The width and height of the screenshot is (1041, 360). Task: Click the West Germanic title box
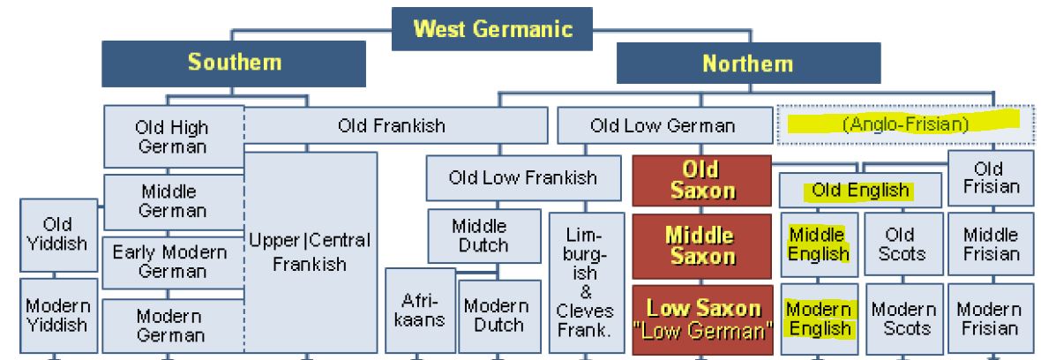tap(492, 28)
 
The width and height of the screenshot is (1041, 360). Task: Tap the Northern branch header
tap(747, 64)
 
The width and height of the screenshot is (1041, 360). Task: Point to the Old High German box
tap(172, 137)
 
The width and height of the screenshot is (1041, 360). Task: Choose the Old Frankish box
tap(392, 125)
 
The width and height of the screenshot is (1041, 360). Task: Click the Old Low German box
tap(662, 125)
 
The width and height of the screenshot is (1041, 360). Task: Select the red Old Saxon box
tap(700, 180)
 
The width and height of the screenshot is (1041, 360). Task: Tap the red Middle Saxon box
tap(700, 246)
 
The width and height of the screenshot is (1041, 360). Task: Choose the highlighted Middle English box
tap(817, 244)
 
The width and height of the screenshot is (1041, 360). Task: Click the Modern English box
tap(818, 319)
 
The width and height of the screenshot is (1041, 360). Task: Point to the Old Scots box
tap(901, 244)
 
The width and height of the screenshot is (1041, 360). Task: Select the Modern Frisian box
tap(988, 319)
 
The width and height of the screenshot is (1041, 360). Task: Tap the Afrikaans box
tap(420, 311)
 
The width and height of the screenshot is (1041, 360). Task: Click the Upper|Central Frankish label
tap(309, 251)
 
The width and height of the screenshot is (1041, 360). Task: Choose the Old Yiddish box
tap(58, 234)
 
